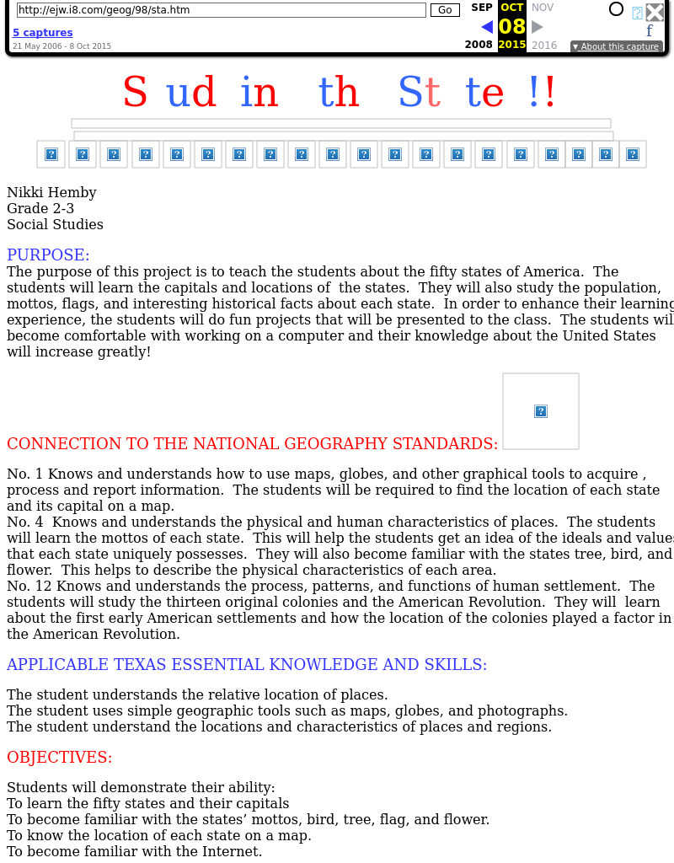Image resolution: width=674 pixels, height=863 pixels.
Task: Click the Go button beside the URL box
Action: pyautogui.click(x=445, y=10)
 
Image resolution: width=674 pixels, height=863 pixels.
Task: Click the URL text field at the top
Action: pyautogui.click(x=221, y=10)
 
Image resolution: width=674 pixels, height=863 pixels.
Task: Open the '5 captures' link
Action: pyautogui.click(x=42, y=33)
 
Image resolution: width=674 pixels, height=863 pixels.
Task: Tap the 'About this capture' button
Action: pyautogui.click(x=616, y=46)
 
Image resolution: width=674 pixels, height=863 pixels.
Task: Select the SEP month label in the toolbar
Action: pyautogui.click(x=482, y=8)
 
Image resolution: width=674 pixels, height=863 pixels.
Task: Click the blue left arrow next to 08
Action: pyautogui.click(x=486, y=27)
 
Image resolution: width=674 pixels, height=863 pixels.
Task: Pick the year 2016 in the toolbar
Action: pyautogui.click(x=544, y=46)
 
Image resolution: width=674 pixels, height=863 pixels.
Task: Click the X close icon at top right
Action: pyautogui.click(x=655, y=12)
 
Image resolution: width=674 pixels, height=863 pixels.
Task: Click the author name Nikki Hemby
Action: pyautogui.click(x=51, y=193)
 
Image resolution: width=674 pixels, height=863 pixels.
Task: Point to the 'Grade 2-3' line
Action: pyautogui.click(x=40, y=209)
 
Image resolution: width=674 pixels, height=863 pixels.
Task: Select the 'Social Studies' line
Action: pyautogui.click(x=55, y=225)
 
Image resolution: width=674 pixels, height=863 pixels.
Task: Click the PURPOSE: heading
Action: pyautogui.click(x=48, y=255)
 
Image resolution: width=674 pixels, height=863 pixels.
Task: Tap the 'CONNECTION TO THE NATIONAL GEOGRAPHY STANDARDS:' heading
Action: pyautogui.click(x=252, y=444)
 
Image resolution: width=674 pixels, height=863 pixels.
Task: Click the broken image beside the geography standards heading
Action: pyautogui.click(x=541, y=411)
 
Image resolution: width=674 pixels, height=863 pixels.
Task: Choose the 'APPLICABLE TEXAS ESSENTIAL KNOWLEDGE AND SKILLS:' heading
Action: pyautogui.click(x=247, y=665)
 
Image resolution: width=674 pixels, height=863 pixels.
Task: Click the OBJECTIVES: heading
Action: pyautogui.click(x=59, y=758)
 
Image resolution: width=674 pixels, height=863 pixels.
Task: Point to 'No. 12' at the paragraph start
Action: pyautogui.click(x=26, y=586)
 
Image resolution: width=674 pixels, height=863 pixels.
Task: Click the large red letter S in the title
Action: pyautogui.click(x=135, y=93)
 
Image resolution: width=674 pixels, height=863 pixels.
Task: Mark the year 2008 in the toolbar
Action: pyautogui.click(x=479, y=46)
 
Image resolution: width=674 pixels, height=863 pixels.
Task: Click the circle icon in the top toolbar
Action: pyautogui.click(x=616, y=9)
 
